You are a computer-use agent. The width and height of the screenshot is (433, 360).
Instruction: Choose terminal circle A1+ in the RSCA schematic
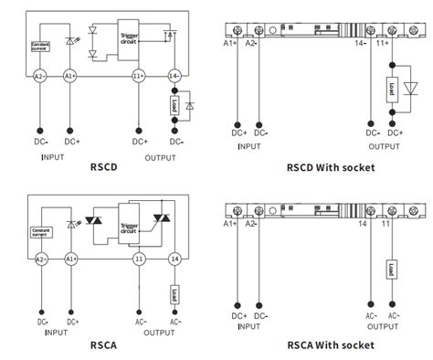click(70, 259)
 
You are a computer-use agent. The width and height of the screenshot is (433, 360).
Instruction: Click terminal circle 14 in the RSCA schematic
click(173, 259)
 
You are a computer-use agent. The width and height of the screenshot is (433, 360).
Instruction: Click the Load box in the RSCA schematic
click(173, 293)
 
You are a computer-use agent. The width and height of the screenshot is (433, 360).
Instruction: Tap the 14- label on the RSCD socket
click(363, 43)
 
